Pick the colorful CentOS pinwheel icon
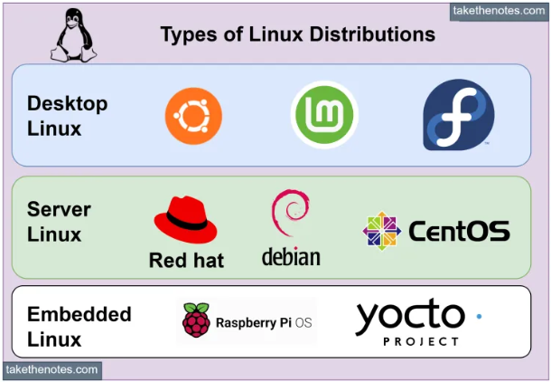[x=381, y=231]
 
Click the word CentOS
[x=459, y=232]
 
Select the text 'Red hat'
[x=186, y=261]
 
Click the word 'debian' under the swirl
[x=291, y=257]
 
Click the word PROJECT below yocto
[x=421, y=342]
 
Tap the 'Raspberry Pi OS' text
[x=264, y=322]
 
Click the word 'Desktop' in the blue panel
[x=67, y=103]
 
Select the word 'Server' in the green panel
[x=59, y=210]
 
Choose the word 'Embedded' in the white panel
[x=79, y=315]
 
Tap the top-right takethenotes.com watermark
[x=500, y=11]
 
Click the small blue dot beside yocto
[x=478, y=316]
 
